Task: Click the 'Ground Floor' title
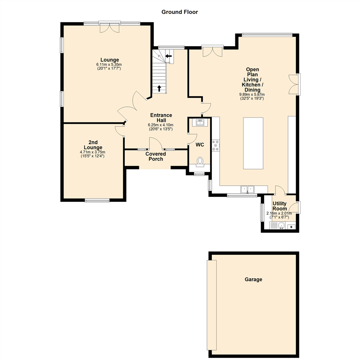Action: pyautogui.click(x=180, y=12)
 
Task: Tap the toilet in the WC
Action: pyautogui.click(x=200, y=162)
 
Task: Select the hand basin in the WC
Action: pyautogui.click(x=200, y=122)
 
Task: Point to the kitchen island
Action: pyautogui.click(x=253, y=143)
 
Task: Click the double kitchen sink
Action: pyautogui.click(x=247, y=189)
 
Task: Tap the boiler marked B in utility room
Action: pyautogui.click(x=291, y=227)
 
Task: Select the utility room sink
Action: pyautogui.click(x=281, y=226)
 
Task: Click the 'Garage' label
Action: pyautogui.click(x=253, y=279)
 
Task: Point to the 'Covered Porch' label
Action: pyautogui.click(x=156, y=156)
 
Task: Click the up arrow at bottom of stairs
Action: pyautogui.click(x=159, y=88)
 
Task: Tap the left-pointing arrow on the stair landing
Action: pyautogui.click(x=169, y=56)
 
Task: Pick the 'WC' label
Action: pyautogui.click(x=200, y=145)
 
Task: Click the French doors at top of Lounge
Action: pyautogui.click(x=109, y=27)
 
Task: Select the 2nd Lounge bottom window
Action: pyautogui.click(x=97, y=200)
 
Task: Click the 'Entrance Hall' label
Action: pyautogui.click(x=160, y=118)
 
